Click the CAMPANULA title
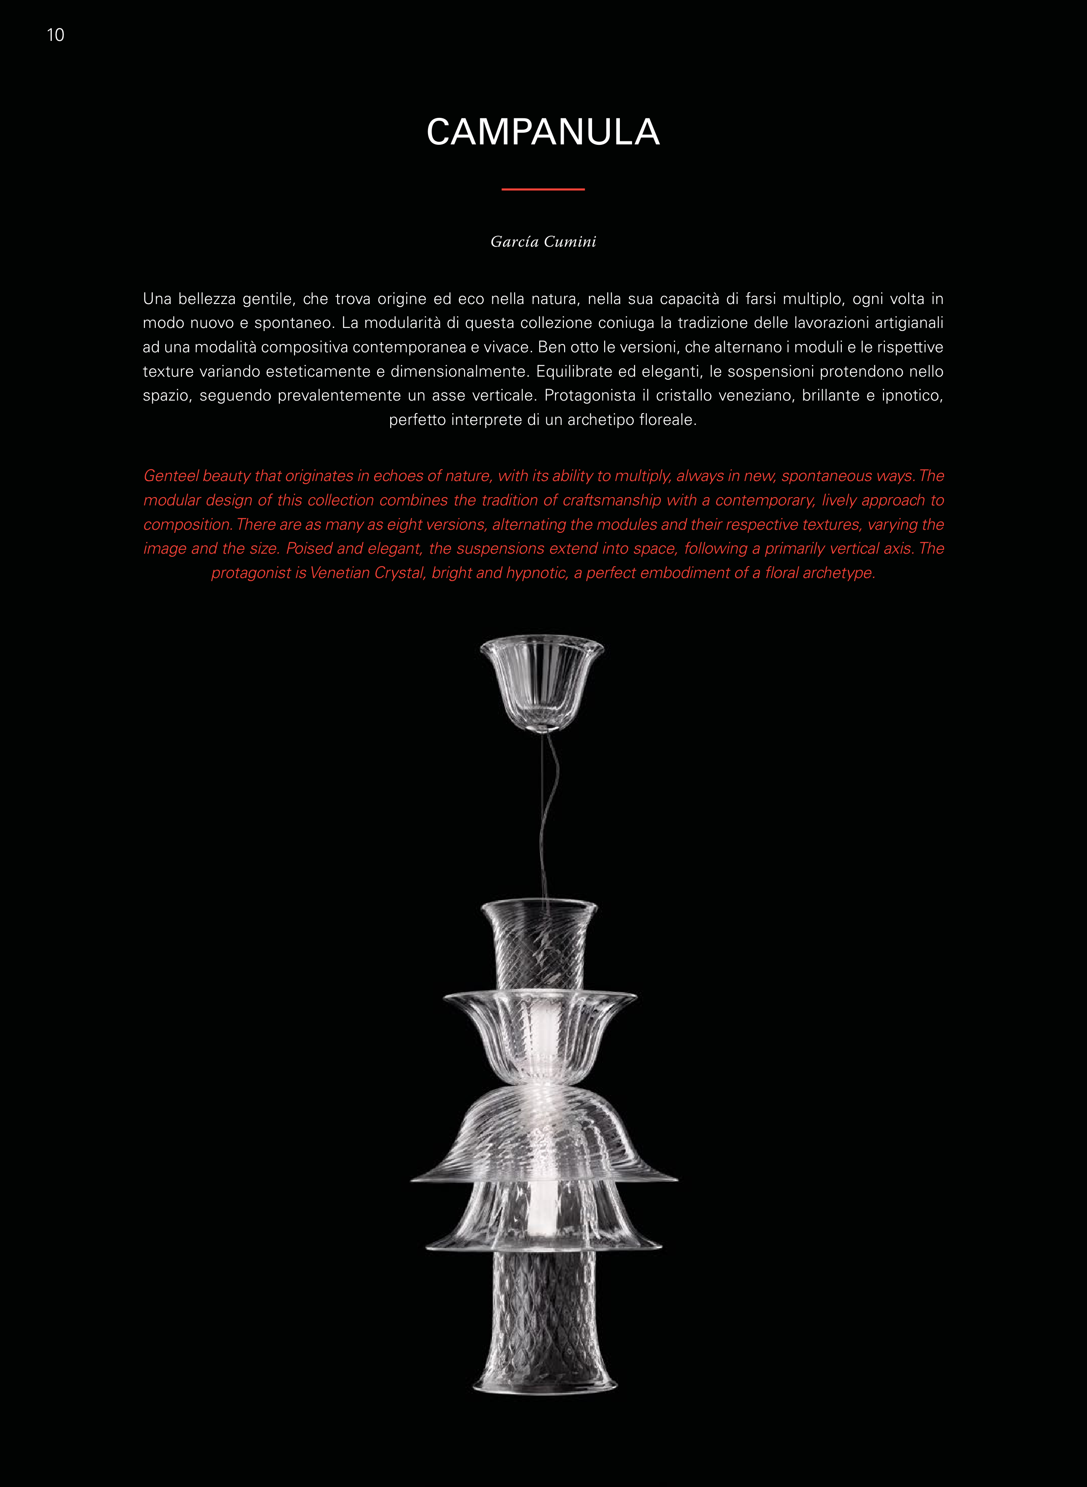pos(543,132)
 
